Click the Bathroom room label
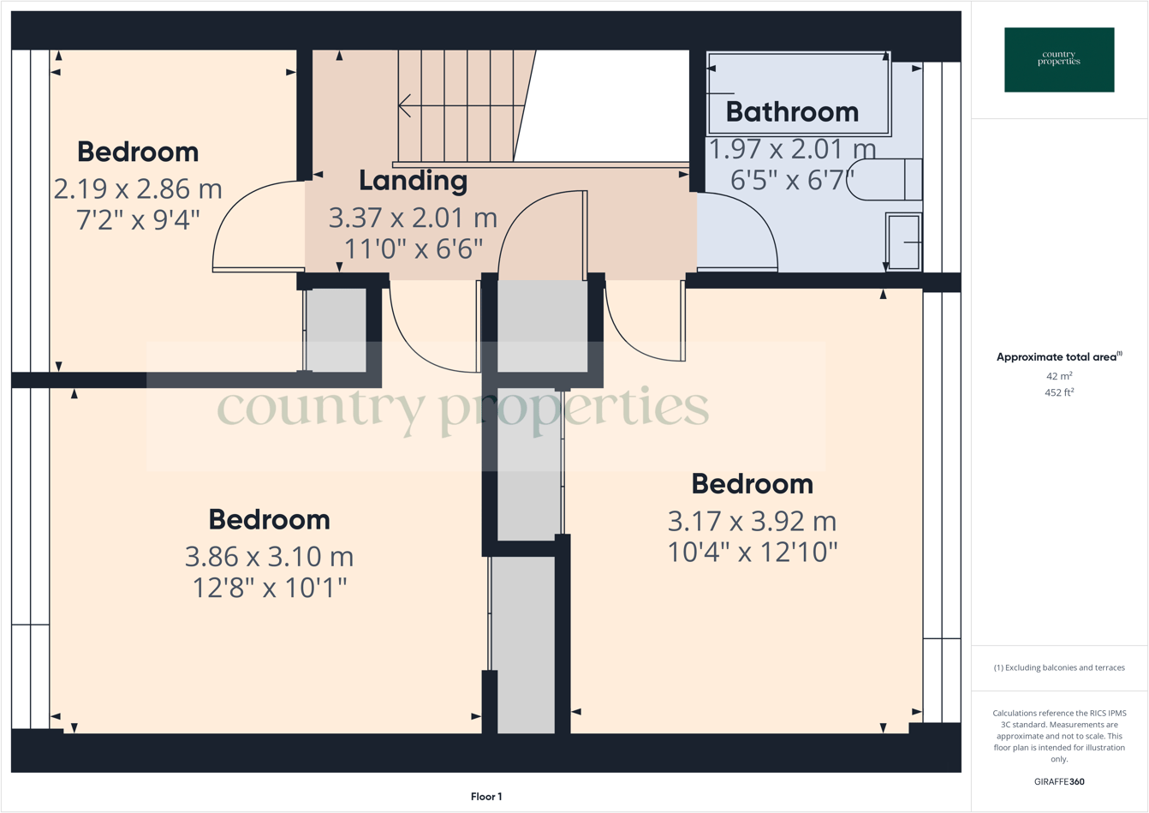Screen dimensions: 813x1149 pos(792,112)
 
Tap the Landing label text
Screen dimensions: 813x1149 pos(413,181)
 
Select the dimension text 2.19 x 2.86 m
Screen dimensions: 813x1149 pos(138,188)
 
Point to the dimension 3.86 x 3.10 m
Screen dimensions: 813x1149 pos(269,557)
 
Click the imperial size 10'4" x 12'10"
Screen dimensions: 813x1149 pos(752,552)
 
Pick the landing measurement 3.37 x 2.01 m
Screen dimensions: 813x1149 pos(413,218)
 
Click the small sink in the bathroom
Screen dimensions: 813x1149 pos(903,242)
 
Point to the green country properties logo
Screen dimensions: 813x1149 pos(1059,59)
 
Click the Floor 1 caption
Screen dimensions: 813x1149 pos(486,797)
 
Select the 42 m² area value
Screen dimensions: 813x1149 pos(1059,376)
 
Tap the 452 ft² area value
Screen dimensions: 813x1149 pos(1059,392)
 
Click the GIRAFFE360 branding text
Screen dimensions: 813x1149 pos(1059,781)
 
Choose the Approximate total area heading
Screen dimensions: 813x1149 pos(1058,357)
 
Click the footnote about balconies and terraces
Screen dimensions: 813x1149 pos(1059,667)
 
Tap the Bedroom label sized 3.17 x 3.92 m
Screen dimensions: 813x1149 pos(752,484)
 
